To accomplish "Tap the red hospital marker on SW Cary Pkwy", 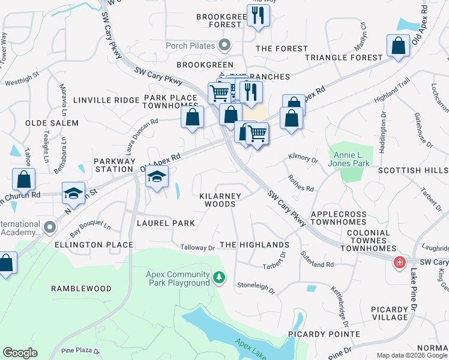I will (x=399, y=263).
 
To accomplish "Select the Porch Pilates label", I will (x=191, y=46).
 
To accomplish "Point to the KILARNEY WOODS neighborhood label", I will (x=220, y=200).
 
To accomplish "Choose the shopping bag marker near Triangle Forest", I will (x=399, y=46).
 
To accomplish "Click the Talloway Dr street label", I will (x=197, y=247).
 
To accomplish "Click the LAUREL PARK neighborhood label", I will (x=166, y=223).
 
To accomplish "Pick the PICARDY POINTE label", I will (x=324, y=334).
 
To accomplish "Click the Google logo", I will (x=20, y=353).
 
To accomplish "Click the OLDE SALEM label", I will (x=52, y=123).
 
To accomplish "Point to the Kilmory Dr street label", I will (x=303, y=160).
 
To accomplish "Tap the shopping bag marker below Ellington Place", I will (x=6, y=263).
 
